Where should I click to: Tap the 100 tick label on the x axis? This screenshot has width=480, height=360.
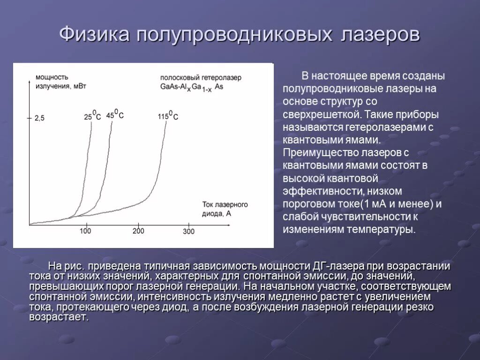click(85, 231)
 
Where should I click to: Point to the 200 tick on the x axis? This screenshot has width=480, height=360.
click(138, 231)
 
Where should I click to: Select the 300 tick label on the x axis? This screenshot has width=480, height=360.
click(188, 231)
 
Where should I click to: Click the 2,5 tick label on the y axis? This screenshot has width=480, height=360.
click(39, 119)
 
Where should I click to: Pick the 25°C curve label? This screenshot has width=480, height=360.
click(92, 116)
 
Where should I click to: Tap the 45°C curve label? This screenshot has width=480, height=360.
click(115, 114)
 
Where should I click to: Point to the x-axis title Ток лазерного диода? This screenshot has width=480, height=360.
click(225, 209)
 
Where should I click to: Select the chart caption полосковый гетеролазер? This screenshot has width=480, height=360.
click(201, 77)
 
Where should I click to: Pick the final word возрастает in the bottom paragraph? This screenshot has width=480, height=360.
click(58, 317)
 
